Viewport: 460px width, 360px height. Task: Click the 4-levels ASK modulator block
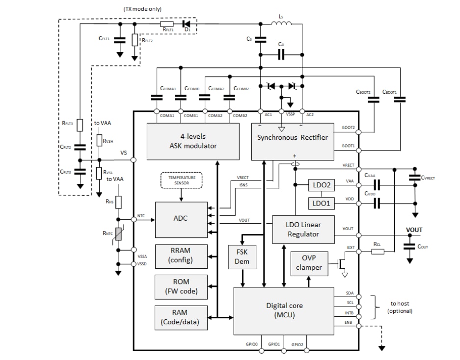(x=193, y=141)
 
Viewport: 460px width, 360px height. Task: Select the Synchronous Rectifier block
(x=293, y=141)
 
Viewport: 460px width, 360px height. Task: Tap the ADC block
(x=180, y=219)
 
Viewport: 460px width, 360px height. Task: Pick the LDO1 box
(x=321, y=203)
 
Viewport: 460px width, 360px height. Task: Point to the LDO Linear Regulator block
(x=303, y=229)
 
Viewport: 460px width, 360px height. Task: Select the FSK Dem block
(x=242, y=257)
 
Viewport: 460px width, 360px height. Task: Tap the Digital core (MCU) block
(x=284, y=310)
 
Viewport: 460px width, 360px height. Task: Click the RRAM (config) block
(x=180, y=256)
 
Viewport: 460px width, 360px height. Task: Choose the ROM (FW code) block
(x=180, y=287)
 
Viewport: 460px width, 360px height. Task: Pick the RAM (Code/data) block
(x=180, y=318)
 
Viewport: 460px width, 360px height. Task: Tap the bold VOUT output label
(x=414, y=230)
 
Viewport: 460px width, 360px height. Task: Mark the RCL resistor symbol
(x=377, y=252)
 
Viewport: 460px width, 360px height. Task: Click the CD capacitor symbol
(x=281, y=55)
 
